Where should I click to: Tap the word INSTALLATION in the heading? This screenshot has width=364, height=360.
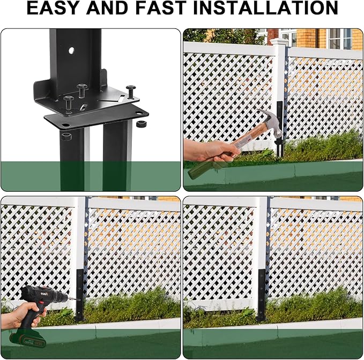265,8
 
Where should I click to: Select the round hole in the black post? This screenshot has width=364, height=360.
71,50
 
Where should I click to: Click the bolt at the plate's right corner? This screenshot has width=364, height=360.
130,92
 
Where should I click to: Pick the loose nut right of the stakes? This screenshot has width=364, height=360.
140,124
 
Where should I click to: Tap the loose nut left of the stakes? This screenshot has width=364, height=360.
66,137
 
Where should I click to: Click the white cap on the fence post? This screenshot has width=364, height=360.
279,42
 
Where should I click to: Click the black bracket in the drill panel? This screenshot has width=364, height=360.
80,295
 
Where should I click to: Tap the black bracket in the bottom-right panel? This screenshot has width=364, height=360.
261,295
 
